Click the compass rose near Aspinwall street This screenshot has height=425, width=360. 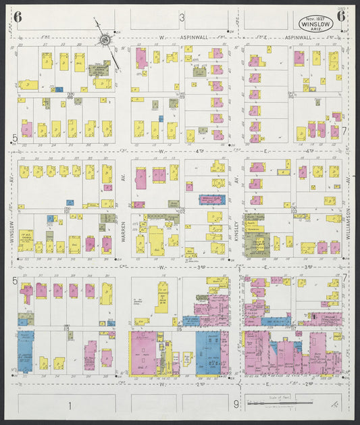106,40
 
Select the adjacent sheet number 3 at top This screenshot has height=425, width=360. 181,17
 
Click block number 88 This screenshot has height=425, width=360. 70,97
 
